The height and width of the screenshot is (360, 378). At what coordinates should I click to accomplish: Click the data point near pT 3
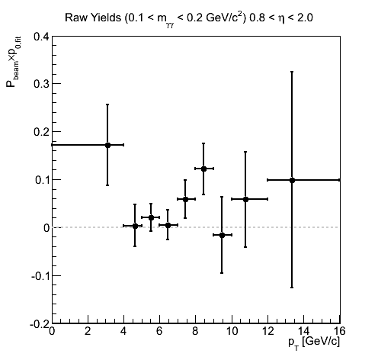click(x=107, y=145)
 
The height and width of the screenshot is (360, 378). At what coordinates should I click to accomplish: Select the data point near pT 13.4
click(x=292, y=180)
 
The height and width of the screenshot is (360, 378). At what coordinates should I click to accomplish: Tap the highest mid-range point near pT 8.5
click(x=203, y=169)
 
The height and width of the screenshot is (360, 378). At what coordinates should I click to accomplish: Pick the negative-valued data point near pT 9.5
click(x=222, y=235)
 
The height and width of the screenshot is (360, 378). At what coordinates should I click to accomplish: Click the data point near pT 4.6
click(x=135, y=226)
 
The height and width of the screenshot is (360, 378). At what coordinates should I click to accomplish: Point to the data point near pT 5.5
click(x=151, y=217)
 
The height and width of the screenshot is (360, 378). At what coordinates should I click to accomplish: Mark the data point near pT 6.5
click(x=168, y=225)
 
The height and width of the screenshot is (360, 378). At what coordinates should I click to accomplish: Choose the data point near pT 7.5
click(x=185, y=199)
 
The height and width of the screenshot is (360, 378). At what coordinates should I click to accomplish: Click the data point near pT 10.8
click(x=245, y=199)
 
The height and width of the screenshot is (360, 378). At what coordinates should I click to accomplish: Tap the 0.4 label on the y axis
click(x=41, y=37)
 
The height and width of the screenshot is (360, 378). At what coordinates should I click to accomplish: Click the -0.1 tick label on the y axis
click(x=40, y=276)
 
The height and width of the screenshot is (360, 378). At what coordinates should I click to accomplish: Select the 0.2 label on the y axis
click(x=41, y=132)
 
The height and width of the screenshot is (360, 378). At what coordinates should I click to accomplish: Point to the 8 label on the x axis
click(x=195, y=331)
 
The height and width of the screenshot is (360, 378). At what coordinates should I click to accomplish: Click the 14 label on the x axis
click(x=303, y=331)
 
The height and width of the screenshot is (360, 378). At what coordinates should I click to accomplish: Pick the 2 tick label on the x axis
click(x=88, y=331)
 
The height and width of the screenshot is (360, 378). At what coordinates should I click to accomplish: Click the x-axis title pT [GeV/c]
click(x=314, y=342)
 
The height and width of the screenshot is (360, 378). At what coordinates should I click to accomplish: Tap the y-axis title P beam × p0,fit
click(x=13, y=66)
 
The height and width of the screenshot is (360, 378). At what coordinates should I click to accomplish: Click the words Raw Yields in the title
click(x=93, y=18)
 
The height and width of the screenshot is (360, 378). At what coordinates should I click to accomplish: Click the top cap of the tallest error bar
click(x=292, y=72)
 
